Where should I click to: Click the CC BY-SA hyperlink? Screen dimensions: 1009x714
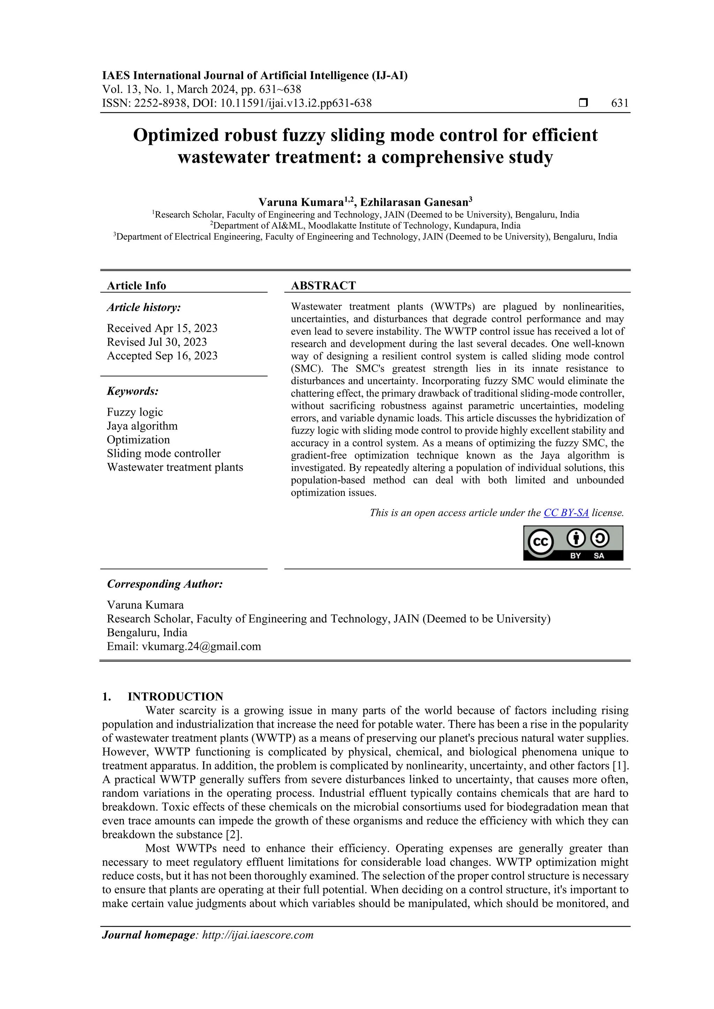(566, 513)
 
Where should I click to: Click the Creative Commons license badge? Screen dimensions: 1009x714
(573, 543)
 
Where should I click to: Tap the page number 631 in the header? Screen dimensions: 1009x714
(620, 103)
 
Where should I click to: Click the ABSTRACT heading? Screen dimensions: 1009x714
(323, 286)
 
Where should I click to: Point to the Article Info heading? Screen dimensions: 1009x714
(136, 286)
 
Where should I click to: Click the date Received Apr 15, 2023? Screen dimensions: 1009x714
(162, 328)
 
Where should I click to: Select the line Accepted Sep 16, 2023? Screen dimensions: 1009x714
(162, 356)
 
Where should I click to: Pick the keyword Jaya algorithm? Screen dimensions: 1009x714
(142, 426)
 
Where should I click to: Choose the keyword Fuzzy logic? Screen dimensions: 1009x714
(135, 412)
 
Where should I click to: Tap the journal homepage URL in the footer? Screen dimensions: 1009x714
(257, 935)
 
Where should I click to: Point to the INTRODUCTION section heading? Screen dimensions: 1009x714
(175, 697)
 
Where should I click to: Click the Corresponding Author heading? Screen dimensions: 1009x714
(165, 584)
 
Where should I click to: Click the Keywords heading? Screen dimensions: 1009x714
(132, 391)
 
